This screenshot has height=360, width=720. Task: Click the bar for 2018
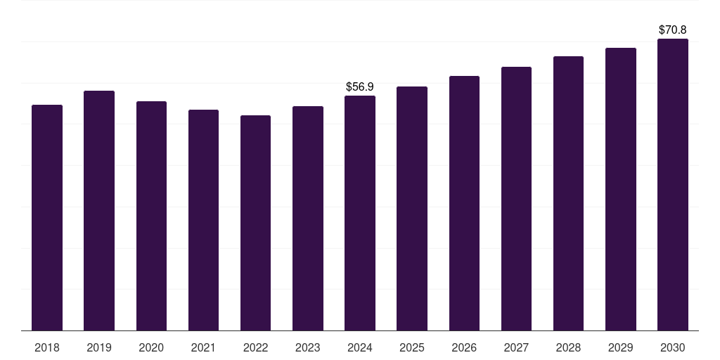coord(47,218)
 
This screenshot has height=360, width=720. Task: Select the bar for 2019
coord(99,211)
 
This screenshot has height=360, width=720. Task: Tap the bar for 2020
coord(152,216)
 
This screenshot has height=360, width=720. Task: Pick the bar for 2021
coord(203,220)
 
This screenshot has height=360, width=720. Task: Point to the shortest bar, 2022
coord(255,223)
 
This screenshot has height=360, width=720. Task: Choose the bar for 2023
coord(308,218)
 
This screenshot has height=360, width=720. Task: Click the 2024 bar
coord(360,213)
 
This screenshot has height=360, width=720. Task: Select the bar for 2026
coord(464,203)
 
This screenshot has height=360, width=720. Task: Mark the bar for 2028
coord(568,193)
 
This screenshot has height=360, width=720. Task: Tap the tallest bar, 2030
coord(673,185)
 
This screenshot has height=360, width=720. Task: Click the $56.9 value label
coord(360,86)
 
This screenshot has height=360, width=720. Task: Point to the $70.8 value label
coord(673,30)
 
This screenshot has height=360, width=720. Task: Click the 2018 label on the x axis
coord(47,347)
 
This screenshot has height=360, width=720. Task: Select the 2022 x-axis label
coord(255,347)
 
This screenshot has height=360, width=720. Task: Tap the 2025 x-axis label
coord(412,347)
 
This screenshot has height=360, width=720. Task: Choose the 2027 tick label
coord(516,347)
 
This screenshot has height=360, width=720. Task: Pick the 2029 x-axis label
coord(620,347)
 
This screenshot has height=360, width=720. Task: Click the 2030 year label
coord(673,347)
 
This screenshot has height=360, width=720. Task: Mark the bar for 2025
coord(412,208)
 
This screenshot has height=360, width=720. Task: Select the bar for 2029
coord(621,189)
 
